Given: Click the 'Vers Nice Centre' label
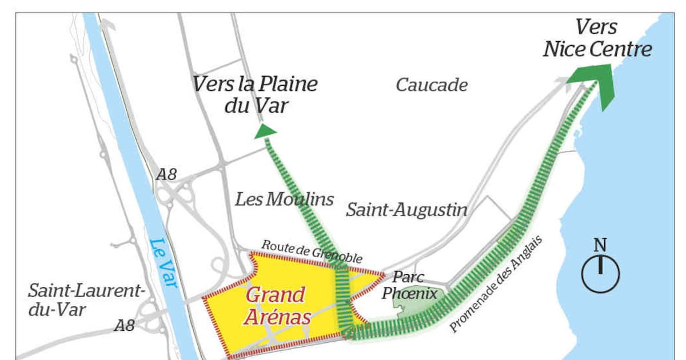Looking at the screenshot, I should (x=597, y=38).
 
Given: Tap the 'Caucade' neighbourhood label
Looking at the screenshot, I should (x=432, y=86).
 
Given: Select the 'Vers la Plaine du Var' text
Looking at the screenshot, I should (x=255, y=94).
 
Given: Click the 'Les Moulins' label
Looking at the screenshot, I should (x=284, y=199).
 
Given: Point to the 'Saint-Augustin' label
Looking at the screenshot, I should (x=406, y=210).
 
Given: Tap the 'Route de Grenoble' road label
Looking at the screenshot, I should (x=312, y=252).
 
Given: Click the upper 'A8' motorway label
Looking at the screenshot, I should (x=166, y=174).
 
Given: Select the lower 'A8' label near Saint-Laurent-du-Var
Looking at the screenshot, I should (x=124, y=326).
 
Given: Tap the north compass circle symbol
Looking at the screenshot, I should (x=600, y=273).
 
